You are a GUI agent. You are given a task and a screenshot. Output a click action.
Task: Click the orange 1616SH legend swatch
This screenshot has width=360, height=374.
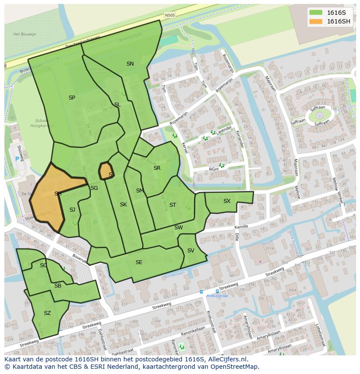[316, 21]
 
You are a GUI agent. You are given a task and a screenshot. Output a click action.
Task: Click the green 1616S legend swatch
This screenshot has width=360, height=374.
[316, 13]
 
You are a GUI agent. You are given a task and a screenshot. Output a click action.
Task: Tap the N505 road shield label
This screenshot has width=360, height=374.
[170, 15]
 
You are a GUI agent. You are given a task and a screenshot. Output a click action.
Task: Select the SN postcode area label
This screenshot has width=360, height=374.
[130, 64]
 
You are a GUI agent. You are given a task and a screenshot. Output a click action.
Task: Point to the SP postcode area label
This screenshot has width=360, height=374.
[72, 98]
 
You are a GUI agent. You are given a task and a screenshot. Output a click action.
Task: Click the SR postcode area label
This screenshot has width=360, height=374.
[157, 168]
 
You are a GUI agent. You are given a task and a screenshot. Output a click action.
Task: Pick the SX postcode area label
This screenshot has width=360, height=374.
[227, 201]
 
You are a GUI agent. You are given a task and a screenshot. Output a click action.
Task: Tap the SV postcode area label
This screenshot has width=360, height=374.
[190, 251]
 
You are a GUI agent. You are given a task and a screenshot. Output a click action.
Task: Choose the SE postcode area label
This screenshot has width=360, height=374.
[139, 262]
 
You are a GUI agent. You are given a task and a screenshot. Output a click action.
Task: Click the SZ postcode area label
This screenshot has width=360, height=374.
[47, 313]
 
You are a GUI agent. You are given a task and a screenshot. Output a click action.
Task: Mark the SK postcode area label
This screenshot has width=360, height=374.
[123, 205]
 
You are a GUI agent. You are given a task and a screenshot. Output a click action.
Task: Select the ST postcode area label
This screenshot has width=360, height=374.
[173, 205]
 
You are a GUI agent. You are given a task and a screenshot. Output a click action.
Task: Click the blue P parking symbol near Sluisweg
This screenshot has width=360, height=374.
[17, 159]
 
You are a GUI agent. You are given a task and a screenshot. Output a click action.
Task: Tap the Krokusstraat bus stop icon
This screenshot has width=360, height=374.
[201, 292]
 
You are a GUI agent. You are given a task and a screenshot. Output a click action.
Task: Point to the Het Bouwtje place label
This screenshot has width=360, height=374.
[24, 34]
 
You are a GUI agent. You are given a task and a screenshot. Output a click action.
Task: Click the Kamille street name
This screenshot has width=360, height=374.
[241, 227]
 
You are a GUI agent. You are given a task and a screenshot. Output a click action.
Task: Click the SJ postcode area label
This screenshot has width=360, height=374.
[72, 210]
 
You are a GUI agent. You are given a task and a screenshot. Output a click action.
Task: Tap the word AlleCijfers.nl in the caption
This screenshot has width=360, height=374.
[226, 359]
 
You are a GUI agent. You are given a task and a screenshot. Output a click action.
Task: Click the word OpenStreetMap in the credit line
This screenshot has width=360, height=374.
[237, 367]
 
